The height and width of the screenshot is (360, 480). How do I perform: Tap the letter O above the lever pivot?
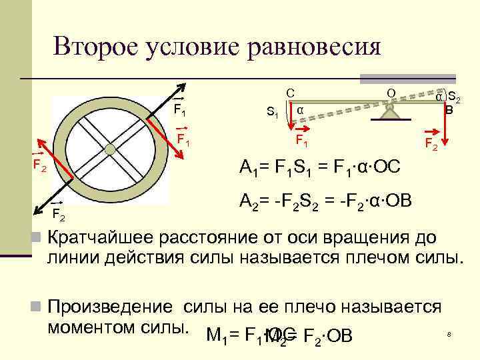coord(391,91)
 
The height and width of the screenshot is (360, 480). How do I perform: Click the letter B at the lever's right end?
coord(449,110)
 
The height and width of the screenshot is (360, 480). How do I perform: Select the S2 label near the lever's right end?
coord(455,97)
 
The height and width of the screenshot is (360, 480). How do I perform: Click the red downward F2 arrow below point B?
coord(445,127)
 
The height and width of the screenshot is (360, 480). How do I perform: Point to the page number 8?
coord(449,333)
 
